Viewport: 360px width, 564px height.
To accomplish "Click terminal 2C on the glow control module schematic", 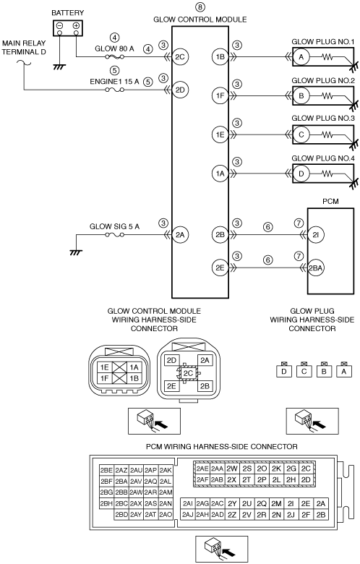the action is pos(180,56).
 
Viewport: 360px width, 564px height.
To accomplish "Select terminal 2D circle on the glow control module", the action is pos(180,90).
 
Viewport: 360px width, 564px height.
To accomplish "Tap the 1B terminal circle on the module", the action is pos(220,56).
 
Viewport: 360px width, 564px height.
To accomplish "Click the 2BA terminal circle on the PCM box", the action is pos(316,268).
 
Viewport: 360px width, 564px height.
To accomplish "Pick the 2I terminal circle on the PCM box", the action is pos(316,235).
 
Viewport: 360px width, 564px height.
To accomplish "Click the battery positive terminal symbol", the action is pos(76,26).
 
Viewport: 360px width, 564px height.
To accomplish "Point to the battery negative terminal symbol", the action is pos(60,26).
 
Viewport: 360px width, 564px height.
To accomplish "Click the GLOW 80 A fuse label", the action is pos(114,48).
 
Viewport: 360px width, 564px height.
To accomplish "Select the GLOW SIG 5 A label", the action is pos(114,226).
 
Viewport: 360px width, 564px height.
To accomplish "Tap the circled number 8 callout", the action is pos(200,7).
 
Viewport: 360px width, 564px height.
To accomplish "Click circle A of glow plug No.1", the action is pos(301,57).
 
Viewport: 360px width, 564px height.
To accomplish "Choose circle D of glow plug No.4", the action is pos(301,174).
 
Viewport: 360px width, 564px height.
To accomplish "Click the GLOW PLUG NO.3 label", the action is pos(323,118).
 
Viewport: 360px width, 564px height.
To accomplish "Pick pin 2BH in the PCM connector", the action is pos(106,504).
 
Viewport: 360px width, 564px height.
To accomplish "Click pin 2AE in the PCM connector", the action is pos(202,469).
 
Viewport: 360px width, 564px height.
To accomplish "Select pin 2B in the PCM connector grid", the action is pos(321,515).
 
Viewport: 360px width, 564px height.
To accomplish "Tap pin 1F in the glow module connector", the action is pos(105,378).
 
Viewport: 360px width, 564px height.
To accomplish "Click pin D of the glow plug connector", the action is pos(284,371).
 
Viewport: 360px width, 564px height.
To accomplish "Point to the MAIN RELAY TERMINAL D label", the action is pos(24,48).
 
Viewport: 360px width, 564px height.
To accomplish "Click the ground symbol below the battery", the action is pos(59,67).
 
